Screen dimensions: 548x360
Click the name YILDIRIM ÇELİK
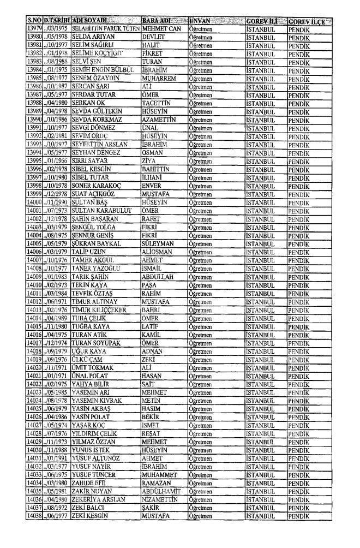(97, 433)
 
